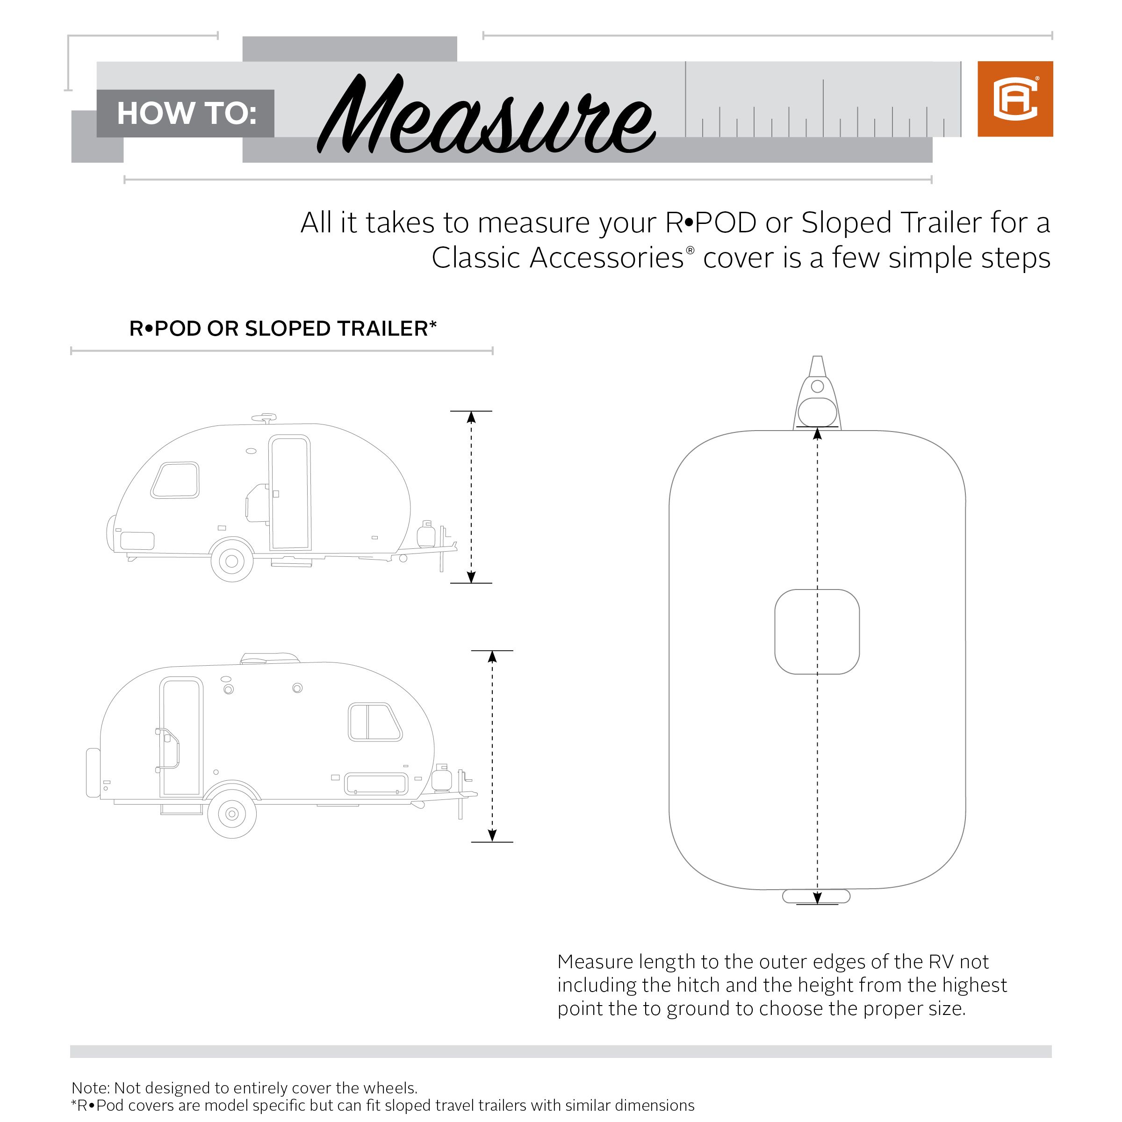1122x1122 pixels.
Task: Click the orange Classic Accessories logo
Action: pos(1014,99)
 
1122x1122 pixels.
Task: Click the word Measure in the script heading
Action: pos(487,116)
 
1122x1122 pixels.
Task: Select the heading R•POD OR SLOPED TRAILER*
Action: pos(282,329)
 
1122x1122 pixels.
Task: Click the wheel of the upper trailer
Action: pos(232,561)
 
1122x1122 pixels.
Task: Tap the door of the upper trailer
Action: pos(290,492)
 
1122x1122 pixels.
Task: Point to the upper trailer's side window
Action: pos(175,480)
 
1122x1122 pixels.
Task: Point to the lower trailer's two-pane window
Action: pos(374,722)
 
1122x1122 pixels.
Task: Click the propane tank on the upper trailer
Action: pos(427,534)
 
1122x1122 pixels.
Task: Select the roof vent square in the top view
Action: pos(817,632)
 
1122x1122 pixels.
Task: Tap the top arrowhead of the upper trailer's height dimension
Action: pos(471,417)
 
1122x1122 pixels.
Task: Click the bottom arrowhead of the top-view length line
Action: pos(817,898)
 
